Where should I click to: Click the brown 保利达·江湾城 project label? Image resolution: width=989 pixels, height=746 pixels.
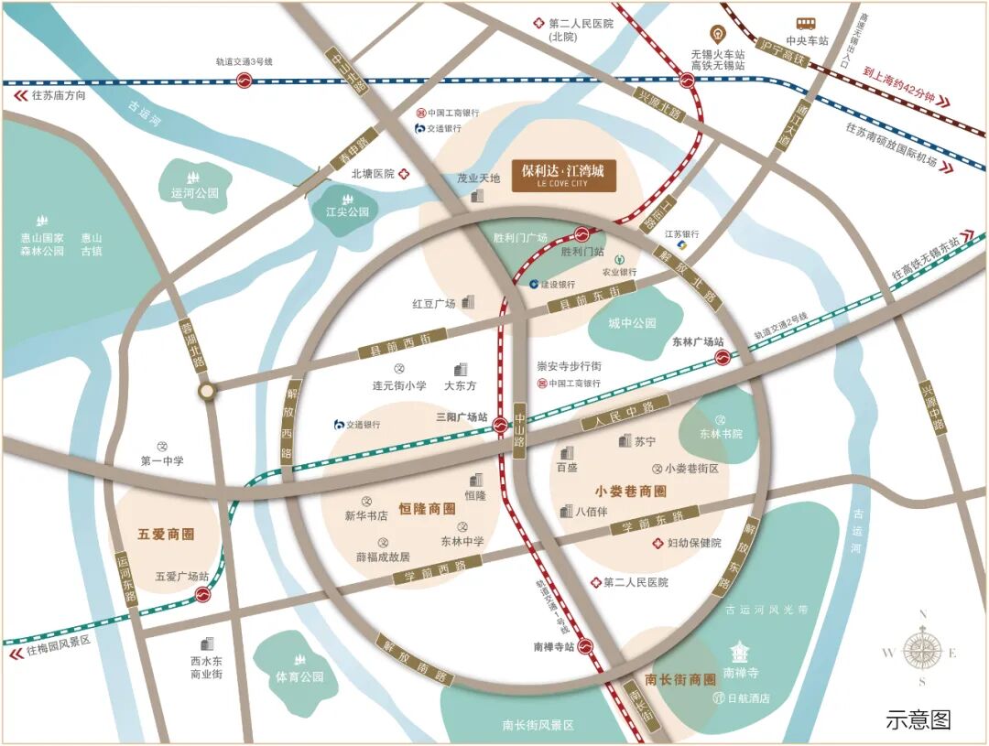[563, 174]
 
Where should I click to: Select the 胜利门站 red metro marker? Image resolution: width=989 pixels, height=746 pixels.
[582, 234]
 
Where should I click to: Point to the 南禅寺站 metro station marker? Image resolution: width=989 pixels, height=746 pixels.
[586, 647]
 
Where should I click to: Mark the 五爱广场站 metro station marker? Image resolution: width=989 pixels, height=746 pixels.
[202, 594]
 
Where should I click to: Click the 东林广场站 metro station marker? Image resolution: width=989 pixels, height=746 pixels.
[722, 357]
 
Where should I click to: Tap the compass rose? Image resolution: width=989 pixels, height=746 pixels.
[921, 651]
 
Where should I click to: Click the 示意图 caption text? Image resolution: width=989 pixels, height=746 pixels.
[918, 719]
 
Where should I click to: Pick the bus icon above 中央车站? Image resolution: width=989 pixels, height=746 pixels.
[806, 24]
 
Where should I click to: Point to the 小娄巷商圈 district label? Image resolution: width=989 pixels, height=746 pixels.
[630, 491]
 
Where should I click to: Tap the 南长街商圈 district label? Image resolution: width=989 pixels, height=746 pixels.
[679, 679]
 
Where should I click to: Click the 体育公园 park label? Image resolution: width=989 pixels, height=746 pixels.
[299, 677]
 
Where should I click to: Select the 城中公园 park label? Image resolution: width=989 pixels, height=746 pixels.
[633, 323]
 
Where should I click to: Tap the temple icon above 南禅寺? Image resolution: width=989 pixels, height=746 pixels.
[739, 653]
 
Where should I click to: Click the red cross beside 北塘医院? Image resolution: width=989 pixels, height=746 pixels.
[403, 173]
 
